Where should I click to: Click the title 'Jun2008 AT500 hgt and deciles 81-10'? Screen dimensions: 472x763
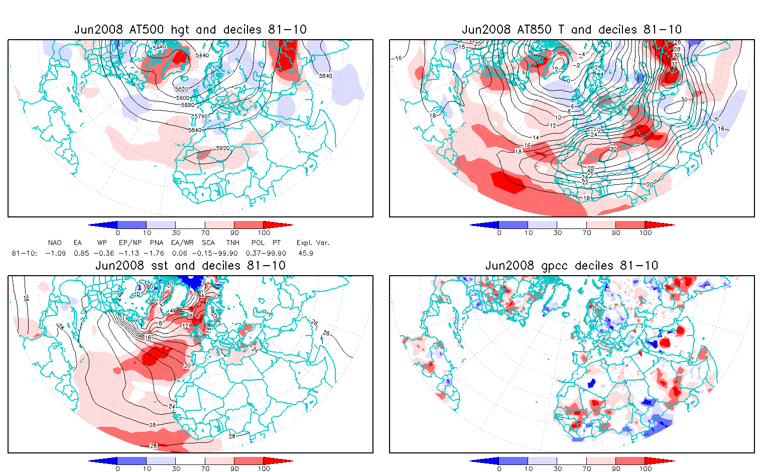pos(190,30)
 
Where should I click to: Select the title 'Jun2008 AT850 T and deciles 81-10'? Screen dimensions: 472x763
pos(572,30)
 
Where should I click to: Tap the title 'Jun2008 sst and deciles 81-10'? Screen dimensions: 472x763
pos(190,266)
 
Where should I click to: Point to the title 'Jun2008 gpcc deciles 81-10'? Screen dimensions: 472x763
pos(572,266)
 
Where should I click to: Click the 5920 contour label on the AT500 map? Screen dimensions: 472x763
pos(222,149)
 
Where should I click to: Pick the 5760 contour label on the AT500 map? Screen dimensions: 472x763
pos(201,116)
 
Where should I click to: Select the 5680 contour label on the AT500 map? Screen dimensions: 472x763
pos(187,105)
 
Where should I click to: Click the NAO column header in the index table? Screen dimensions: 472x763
pos(55,243)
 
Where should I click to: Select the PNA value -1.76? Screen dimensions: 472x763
pos(154,253)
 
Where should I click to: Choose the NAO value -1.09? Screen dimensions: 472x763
pos(55,253)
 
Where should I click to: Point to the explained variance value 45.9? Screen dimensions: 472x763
pos(305,253)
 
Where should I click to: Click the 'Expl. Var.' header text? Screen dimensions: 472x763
pos(313,243)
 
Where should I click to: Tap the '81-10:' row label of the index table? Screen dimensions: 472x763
pos(24,253)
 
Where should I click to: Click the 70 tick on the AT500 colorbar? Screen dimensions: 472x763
pos(205,232)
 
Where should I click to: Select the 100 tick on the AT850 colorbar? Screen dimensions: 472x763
pos(645,232)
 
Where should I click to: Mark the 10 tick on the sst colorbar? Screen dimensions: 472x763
pos(147,468)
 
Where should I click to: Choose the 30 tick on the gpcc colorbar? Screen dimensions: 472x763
pos(557,468)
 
